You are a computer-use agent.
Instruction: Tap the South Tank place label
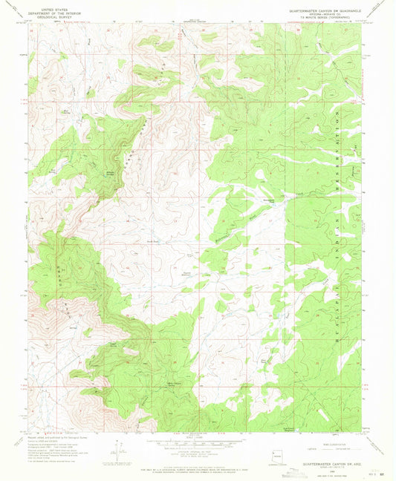[153, 242]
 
